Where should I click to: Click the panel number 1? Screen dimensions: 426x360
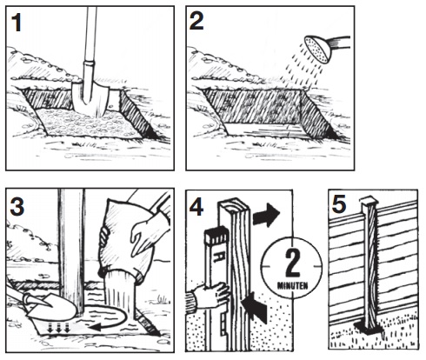17,23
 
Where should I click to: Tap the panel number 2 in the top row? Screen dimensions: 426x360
196,21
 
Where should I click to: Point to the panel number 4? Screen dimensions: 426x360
196,207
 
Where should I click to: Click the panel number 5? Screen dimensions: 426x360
339,203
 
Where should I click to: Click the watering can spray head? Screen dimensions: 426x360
317,50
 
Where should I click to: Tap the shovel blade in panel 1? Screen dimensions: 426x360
90,98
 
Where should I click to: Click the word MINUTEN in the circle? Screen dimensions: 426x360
292,286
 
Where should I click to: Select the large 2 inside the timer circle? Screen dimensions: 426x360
293,263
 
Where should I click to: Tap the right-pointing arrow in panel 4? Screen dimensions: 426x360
266,215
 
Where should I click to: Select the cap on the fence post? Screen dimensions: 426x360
369,200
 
